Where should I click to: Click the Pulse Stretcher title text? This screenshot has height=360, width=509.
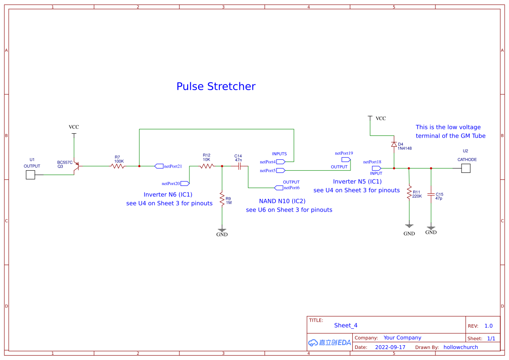click(x=216, y=86)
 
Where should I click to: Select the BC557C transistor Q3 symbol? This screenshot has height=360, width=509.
click(x=76, y=166)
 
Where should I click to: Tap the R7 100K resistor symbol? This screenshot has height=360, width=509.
click(x=118, y=166)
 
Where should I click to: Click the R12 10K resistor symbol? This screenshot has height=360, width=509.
click(x=207, y=166)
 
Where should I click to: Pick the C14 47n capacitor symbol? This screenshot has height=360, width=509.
click(x=239, y=166)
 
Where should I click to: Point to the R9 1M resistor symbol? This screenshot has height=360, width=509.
click(x=222, y=199)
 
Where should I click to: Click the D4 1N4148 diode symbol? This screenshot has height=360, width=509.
click(x=394, y=145)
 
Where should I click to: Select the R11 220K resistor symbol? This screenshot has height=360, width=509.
click(x=409, y=192)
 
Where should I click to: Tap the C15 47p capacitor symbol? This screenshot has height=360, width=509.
click(x=431, y=195)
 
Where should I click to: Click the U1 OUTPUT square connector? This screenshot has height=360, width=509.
click(x=30, y=175)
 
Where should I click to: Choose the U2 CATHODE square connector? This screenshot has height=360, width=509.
click(x=466, y=168)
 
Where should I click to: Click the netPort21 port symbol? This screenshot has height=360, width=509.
click(x=159, y=166)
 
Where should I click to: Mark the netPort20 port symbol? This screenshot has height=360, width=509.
click(x=185, y=184)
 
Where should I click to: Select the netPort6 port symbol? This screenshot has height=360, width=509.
click(x=279, y=188)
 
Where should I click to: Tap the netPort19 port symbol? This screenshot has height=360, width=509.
click(x=346, y=160)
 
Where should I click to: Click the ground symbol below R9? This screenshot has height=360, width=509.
click(x=222, y=230)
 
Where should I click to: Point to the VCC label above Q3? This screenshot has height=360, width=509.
click(x=74, y=127)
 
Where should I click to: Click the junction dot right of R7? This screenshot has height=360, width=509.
click(x=139, y=166)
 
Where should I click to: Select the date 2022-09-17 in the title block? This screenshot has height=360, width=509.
click(x=390, y=347)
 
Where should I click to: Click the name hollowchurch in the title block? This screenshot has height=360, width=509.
click(x=461, y=347)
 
